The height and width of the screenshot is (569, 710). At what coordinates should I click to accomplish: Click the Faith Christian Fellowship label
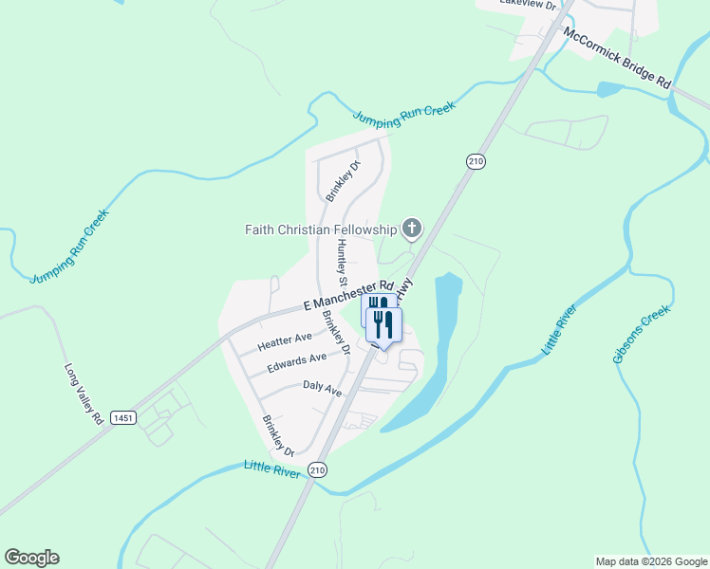pos(320,229)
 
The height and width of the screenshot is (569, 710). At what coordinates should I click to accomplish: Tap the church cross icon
pos(411,228)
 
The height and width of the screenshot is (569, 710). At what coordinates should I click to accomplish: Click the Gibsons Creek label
pos(642,334)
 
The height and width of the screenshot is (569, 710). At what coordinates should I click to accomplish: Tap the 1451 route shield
pos(122,417)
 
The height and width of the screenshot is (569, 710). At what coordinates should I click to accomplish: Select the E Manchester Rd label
pos(347,295)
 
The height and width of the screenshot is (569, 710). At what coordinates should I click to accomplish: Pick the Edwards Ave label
pos(296,362)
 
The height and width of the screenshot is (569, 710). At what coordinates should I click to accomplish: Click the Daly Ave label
pos(322,388)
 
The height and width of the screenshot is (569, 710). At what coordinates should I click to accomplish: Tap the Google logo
pos(31,558)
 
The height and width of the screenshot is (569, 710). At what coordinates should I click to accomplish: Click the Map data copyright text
pos(650,561)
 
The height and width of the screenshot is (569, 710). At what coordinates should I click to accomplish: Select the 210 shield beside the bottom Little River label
pos(318,470)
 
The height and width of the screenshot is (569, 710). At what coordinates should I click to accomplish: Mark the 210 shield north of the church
pos(476,161)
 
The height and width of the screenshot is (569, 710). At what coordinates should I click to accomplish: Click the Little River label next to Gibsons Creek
pos(560,330)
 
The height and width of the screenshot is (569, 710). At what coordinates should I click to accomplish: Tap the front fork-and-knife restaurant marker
pos(384,324)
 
